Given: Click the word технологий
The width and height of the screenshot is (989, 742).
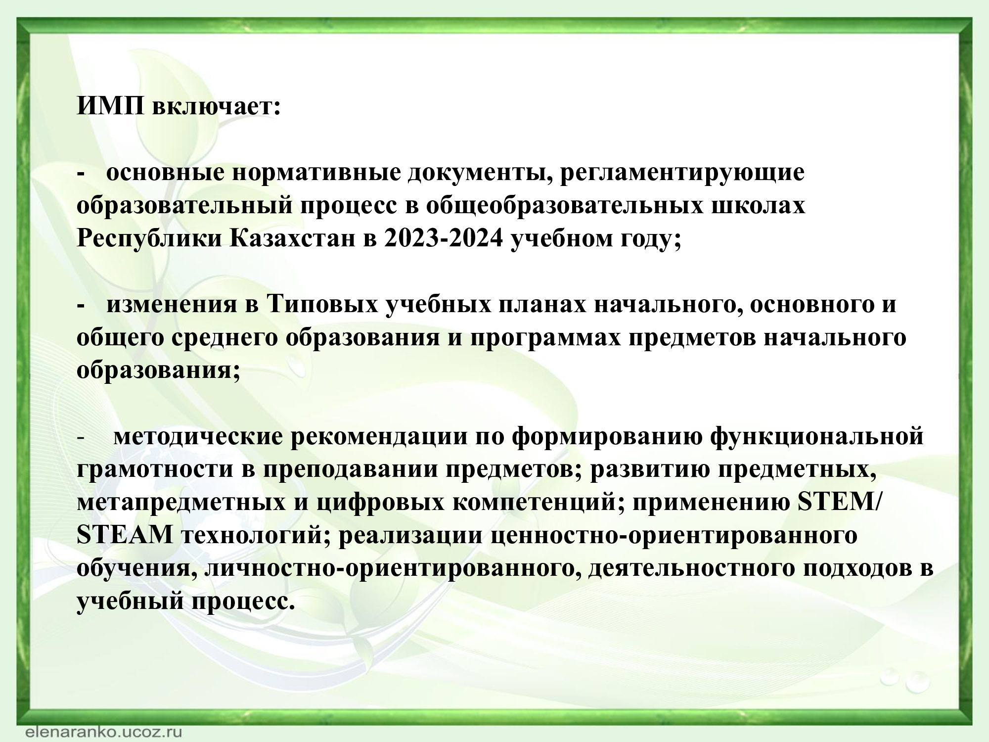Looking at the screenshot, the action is (253, 536).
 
